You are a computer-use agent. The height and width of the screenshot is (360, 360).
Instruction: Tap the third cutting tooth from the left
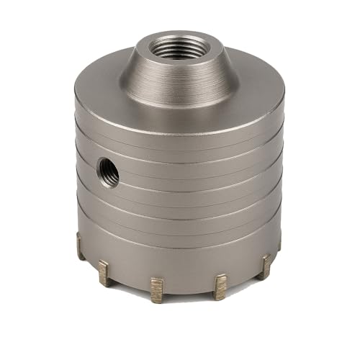pyautogui.click(x=157, y=288)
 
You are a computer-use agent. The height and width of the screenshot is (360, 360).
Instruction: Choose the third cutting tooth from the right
pyautogui.click(x=220, y=286)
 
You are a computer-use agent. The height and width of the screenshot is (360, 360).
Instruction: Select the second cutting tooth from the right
pyautogui.click(x=264, y=266)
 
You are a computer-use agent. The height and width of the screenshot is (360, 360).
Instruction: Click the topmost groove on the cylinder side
pyautogui.click(x=180, y=144)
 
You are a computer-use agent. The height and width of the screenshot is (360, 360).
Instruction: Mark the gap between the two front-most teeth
pyautogui.click(x=189, y=290)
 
